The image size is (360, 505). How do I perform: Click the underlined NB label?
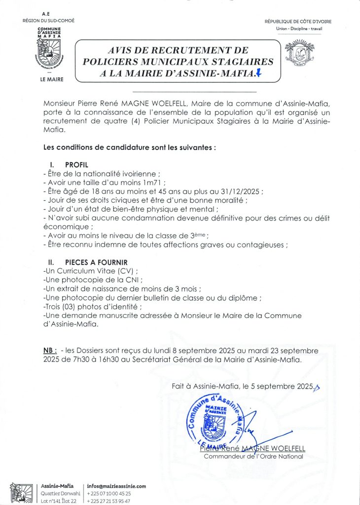click(49, 351)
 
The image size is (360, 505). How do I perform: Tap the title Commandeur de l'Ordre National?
click(253, 457)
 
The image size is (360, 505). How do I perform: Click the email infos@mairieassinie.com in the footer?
click(116, 486)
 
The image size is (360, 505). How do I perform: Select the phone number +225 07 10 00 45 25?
click(108, 493)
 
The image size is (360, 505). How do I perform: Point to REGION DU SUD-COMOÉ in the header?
click(49, 21)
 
